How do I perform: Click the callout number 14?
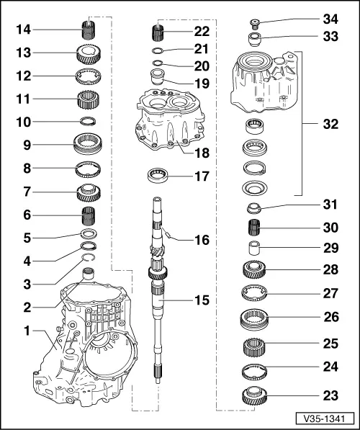pyautogui.click(x=23, y=30)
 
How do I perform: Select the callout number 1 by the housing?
pyautogui.click(x=27, y=332)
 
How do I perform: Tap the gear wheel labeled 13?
pyautogui.click(x=88, y=54)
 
